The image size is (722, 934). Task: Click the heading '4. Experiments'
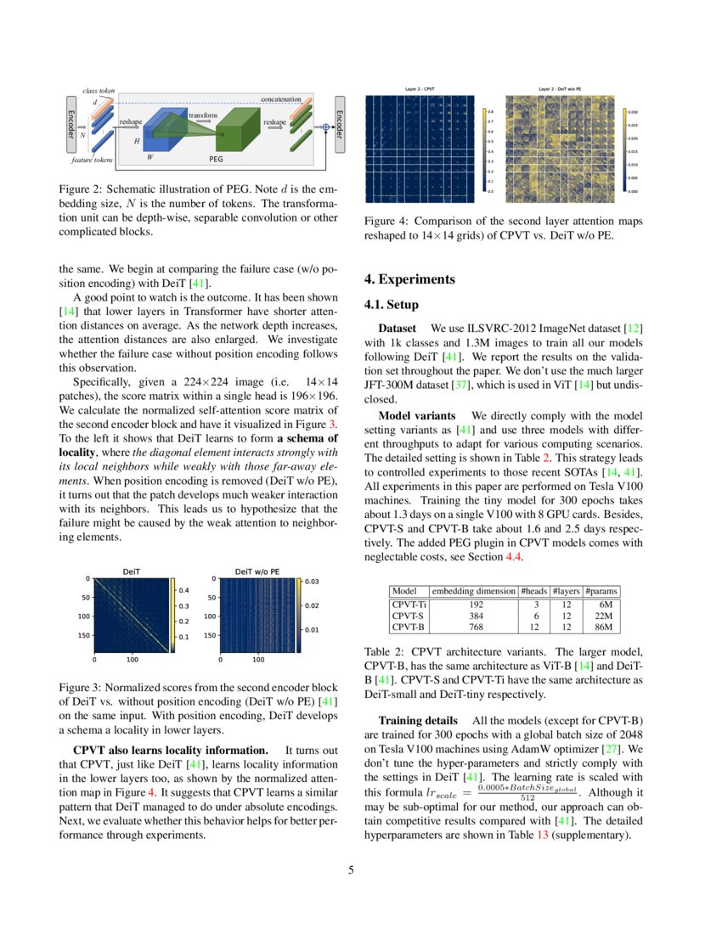(409, 279)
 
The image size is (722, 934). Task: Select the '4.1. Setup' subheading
(391, 304)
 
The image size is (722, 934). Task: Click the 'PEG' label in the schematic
(217, 158)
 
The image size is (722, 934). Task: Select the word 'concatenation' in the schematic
(280, 99)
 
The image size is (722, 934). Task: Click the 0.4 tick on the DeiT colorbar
(182, 589)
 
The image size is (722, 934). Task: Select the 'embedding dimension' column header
(474, 591)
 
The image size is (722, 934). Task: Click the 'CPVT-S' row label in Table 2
(407, 615)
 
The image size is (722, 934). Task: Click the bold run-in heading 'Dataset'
(398, 328)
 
